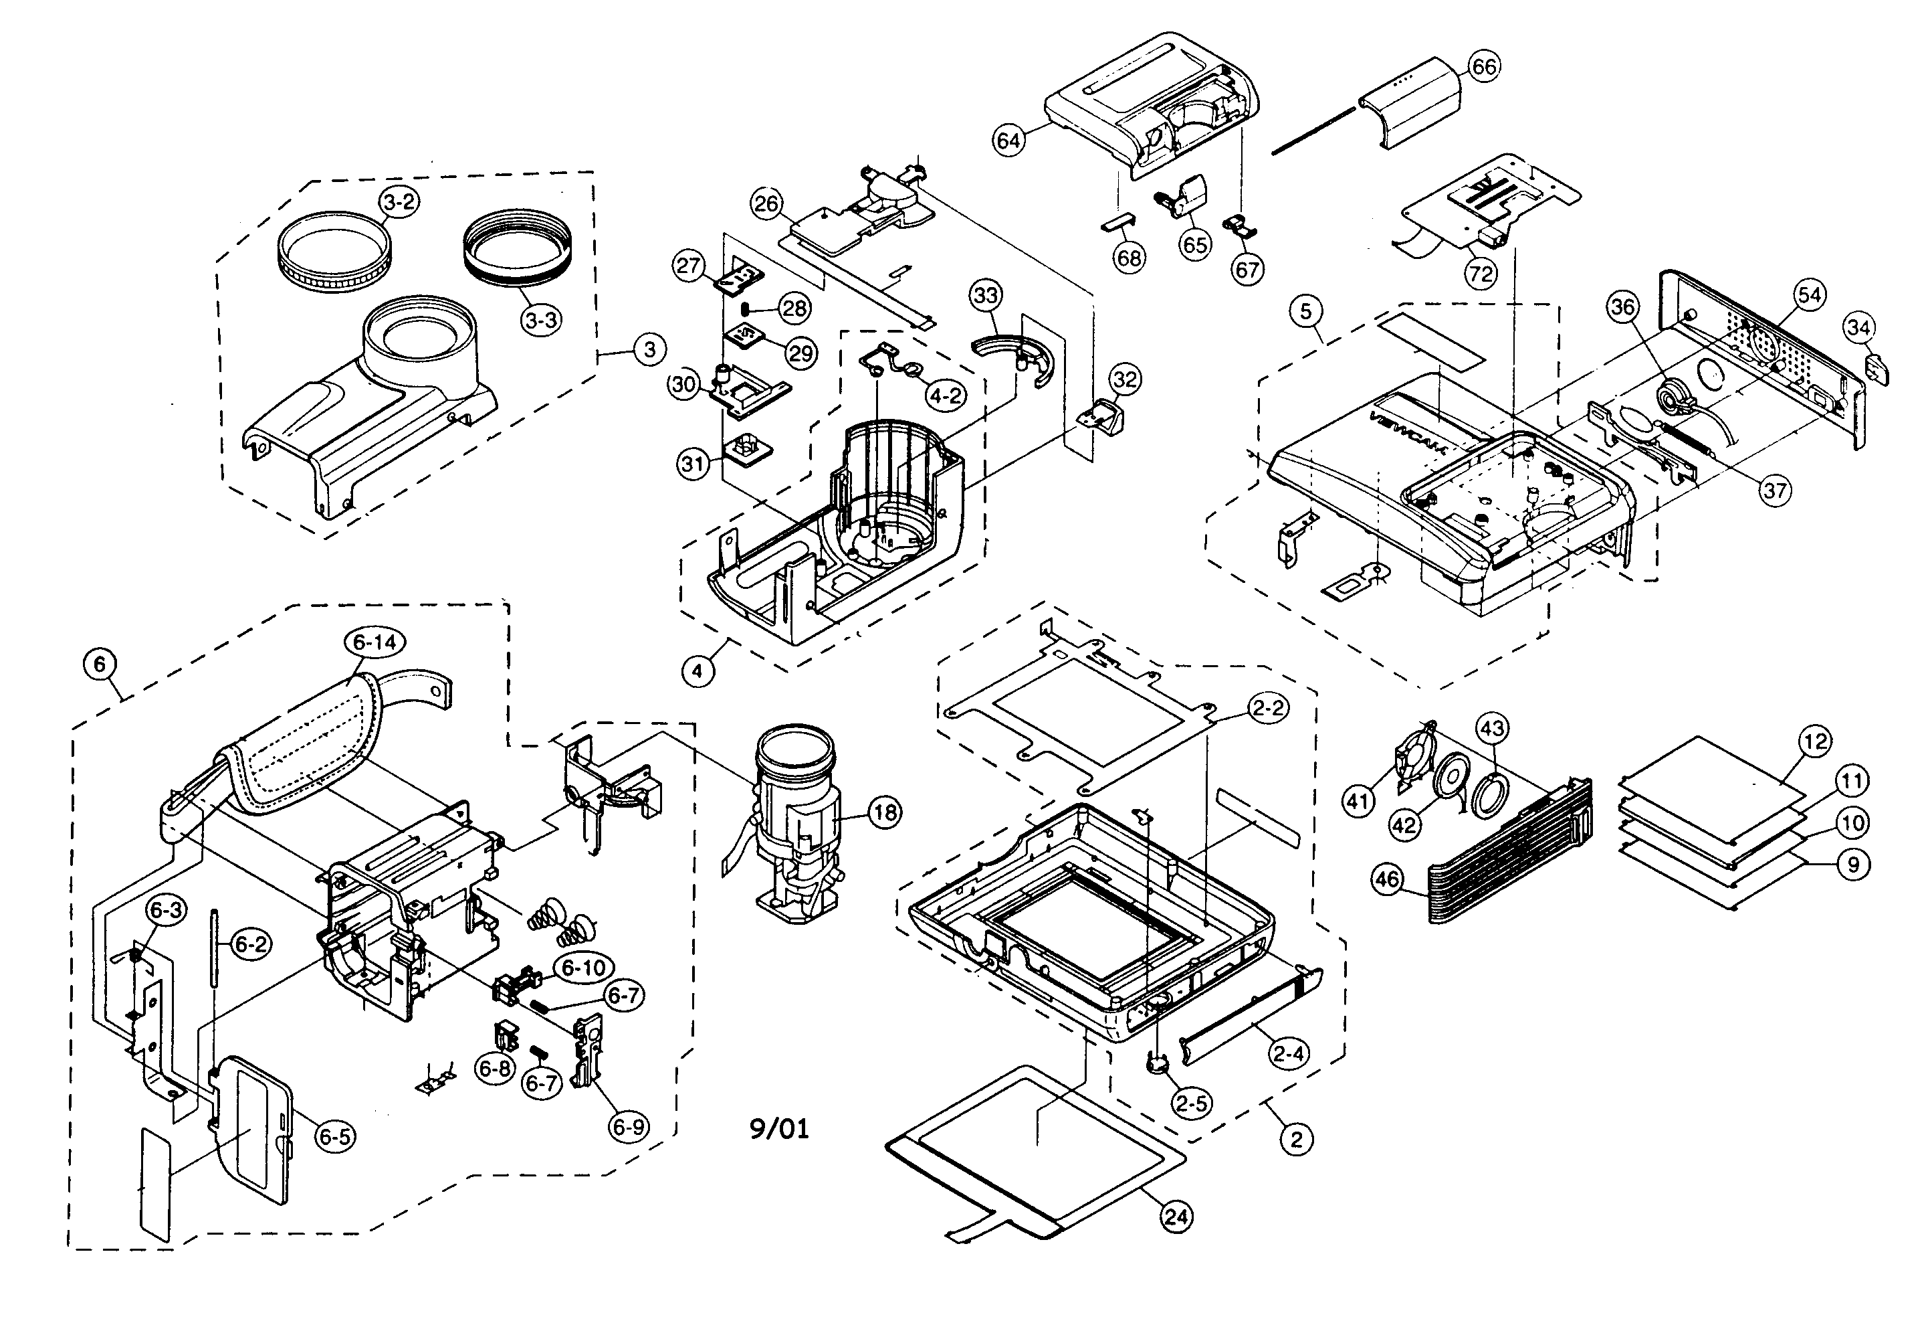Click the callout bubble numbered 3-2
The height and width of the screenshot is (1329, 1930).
point(399,202)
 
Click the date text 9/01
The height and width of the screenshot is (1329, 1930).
point(779,1128)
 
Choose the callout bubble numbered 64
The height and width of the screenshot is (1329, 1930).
point(1008,140)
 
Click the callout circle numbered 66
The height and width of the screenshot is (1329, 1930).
point(1484,67)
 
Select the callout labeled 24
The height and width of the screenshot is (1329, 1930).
point(1175,1217)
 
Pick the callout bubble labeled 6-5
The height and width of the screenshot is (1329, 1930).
point(334,1137)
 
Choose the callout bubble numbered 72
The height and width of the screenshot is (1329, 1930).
point(1481,274)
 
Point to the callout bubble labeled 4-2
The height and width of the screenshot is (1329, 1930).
point(946,395)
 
